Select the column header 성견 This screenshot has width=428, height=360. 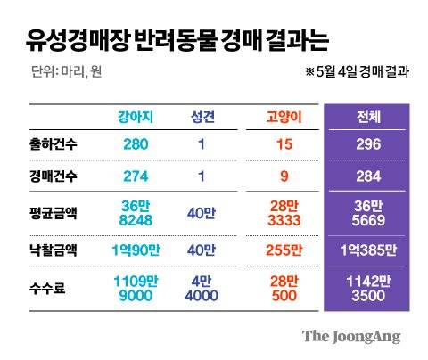tap(202, 117)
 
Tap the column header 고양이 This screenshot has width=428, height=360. tap(285, 117)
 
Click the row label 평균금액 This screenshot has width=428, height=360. tap(53, 212)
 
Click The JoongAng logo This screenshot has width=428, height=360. tap(350, 336)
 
